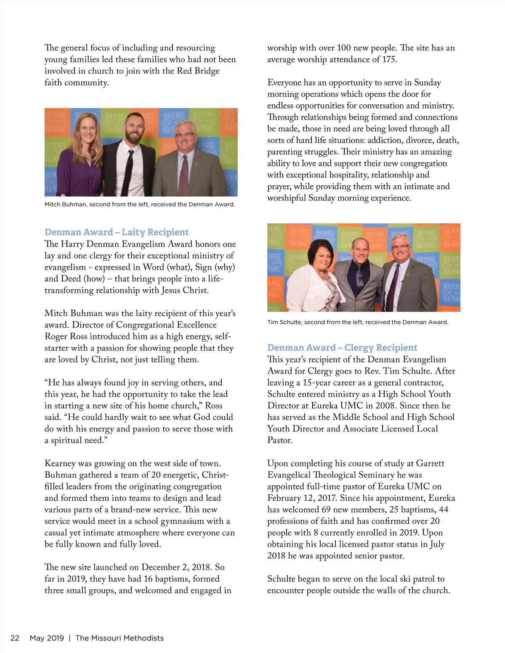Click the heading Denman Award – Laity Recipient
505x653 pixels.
tap(117, 232)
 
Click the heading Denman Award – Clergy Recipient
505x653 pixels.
tap(342, 348)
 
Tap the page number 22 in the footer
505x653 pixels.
tap(15, 638)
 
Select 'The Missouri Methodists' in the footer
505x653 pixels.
tap(120, 638)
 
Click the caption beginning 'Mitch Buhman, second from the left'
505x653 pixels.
tap(140, 204)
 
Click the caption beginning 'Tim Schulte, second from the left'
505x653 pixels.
tap(358, 322)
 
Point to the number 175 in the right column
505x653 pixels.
tap(389, 59)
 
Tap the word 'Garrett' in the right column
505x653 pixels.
tap(430, 463)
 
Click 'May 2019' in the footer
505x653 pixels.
tap(47, 638)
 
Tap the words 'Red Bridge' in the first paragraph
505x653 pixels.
tap(198, 71)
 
